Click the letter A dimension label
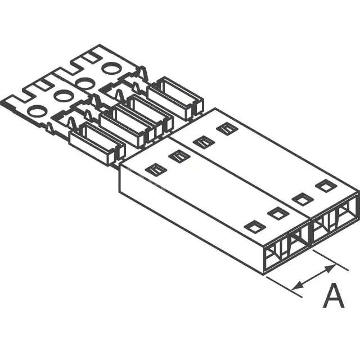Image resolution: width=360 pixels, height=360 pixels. click(x=334, y=296)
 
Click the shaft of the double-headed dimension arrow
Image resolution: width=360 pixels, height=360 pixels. click(x=314, y=279)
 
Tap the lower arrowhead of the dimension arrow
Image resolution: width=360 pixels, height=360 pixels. click(x=298, y=287)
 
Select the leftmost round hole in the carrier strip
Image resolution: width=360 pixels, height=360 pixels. click(x=36, y=111)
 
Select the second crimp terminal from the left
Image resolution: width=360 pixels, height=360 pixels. click(x=127, y=124)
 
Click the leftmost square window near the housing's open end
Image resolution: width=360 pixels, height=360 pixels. click(x=254, y=226)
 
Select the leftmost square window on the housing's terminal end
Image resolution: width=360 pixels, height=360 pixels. click(x=153, y=168)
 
